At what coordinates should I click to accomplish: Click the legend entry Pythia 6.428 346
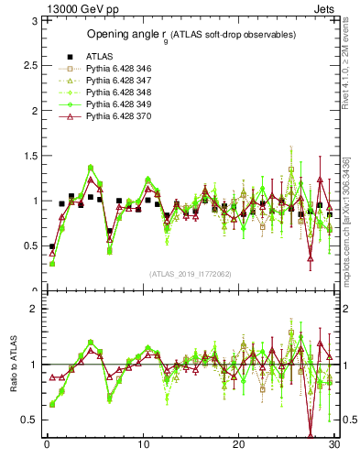pos(113,69)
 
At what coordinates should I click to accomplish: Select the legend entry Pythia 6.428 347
pos(113,81)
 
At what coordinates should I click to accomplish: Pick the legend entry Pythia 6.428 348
pos(113,93)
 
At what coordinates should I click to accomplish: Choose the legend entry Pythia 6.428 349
pos(113,104)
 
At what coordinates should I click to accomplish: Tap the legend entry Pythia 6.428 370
pos(113,116)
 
